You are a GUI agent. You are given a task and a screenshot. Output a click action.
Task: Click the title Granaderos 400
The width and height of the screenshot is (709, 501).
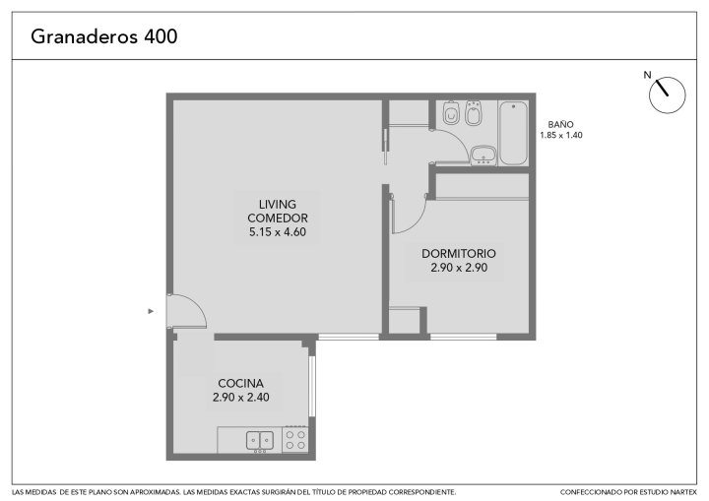[104, 36]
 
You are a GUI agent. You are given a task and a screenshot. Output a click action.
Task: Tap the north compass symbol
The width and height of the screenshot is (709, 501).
[667, 94]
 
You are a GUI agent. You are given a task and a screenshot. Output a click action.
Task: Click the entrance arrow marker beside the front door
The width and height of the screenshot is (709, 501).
[151, 311]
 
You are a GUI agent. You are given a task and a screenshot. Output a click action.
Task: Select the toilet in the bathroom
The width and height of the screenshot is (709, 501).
[451, 112]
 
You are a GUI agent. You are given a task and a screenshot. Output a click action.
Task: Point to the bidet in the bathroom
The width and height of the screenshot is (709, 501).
[473, 112]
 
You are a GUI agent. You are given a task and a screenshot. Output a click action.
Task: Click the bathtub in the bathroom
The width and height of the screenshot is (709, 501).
[513, 133]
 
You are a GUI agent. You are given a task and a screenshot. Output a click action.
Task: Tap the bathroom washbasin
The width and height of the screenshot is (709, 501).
[483, 156]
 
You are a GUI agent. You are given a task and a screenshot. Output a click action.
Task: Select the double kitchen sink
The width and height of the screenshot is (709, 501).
[260, 441]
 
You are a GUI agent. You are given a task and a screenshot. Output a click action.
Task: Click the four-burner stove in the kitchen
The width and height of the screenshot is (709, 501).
[295, 440]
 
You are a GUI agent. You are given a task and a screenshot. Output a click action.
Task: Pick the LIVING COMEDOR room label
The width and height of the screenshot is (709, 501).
[278, 212]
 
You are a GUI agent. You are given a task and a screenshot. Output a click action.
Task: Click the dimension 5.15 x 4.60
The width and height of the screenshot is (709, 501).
[278, 232]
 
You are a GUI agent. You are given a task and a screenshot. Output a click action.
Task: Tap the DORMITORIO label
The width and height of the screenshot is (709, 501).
[459, 253]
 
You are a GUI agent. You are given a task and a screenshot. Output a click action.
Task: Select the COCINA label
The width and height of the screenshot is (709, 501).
[240, 384]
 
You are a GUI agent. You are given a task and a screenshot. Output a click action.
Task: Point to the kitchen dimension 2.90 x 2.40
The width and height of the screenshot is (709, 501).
[241, 398]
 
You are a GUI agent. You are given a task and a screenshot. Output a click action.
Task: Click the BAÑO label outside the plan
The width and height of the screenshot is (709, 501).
[560, 124]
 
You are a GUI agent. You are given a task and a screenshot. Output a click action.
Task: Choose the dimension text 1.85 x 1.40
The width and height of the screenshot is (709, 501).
[561, 135]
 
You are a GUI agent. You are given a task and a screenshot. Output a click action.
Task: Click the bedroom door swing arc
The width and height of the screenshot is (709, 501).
[419, 221]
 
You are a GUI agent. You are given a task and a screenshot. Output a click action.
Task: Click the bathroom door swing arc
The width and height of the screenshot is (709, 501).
[460, 140]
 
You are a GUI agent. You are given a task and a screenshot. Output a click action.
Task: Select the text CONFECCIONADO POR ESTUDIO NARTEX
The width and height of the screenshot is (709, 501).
[628, 492]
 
